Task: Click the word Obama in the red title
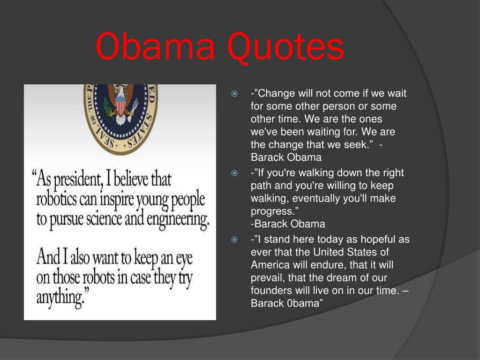(155, 46)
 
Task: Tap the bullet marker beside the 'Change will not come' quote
(234, 94)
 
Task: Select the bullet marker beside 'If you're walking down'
(234, 173)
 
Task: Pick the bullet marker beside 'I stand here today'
(234, 240)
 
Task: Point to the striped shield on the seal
(120, 105)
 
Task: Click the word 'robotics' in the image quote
(57, 199)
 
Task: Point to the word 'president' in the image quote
(78, 180)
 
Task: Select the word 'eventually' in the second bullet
(316, 199)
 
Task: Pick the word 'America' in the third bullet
(270, 265)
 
